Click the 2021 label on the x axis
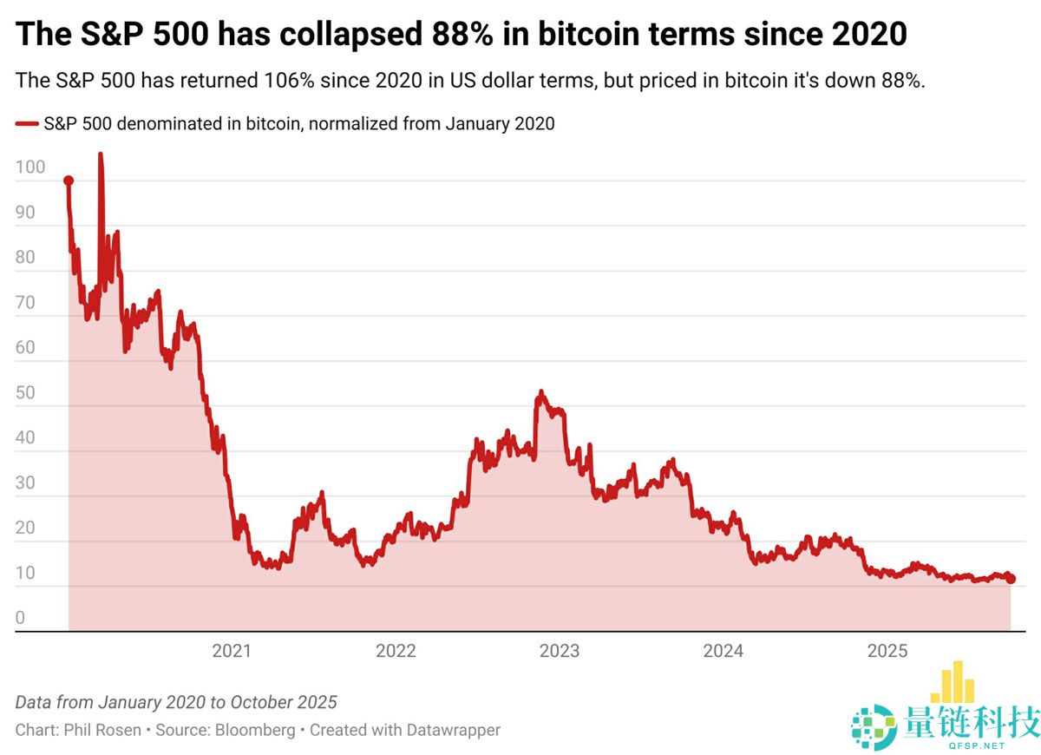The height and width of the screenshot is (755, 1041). point(232,651)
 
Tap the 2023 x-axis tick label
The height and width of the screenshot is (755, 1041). point(560,651)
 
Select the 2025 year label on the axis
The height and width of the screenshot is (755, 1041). point(887,651)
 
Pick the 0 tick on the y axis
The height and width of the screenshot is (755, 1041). point(21,619)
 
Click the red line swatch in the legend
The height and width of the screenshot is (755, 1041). point(27,124)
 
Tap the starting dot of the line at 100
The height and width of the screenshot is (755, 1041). point(69,181)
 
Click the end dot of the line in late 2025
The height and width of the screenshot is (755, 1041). point(1011,579)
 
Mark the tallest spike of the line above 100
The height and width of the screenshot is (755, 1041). point(100,156)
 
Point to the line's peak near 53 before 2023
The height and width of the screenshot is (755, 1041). point(540,393)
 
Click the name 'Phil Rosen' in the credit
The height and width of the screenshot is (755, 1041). point(102,730)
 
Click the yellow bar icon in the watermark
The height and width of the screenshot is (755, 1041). point(952,683)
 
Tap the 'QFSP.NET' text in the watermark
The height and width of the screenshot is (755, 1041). point(975,745)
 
